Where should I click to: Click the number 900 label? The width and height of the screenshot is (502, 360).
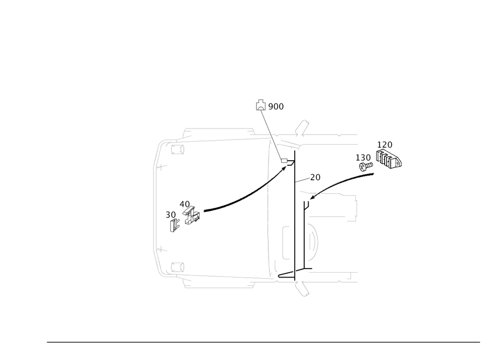[276, 106]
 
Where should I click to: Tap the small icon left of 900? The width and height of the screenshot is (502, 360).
[261, 104]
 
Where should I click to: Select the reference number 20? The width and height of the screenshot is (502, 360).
[315, 177]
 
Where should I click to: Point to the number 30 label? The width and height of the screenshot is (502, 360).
[171, 214]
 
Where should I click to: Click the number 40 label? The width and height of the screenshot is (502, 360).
[185, 204]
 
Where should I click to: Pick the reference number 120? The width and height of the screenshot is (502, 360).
[385, 145]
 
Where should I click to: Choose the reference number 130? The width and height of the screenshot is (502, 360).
[363, 157]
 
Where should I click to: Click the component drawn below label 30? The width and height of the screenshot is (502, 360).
[173, 226]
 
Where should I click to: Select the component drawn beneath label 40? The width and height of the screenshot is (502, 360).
[191, 217]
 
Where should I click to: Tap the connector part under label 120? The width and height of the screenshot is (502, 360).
[389, 160]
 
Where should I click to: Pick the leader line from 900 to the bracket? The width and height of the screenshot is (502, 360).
[272, 136]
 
